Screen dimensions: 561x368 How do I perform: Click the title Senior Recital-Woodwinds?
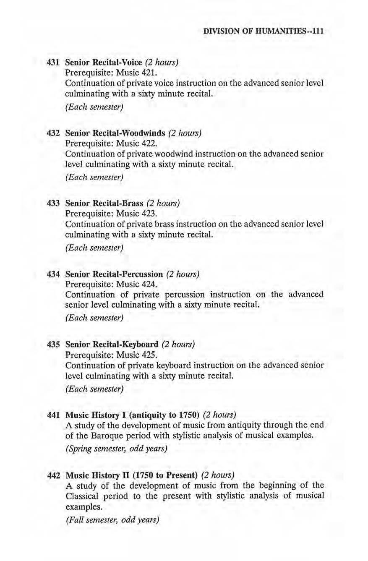point(115,133)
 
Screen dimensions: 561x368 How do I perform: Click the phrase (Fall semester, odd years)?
point(112,520)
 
